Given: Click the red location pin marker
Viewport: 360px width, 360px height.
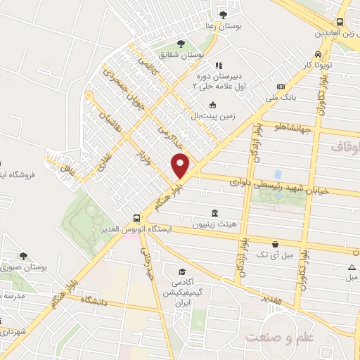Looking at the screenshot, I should (x=181, y=166).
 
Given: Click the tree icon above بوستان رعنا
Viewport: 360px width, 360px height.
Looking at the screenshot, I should (x=223, y=14).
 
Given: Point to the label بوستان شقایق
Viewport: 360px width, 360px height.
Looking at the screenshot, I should (x=181, y=55).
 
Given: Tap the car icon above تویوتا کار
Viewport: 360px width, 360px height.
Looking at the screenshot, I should (x=319, y=54).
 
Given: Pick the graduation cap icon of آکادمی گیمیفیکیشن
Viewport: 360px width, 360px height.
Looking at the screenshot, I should (x=181, y=271).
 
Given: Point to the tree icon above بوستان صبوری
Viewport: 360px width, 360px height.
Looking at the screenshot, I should (x=25, y=256).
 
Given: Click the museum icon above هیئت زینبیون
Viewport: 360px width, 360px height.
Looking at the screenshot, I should (x=214, y=213).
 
